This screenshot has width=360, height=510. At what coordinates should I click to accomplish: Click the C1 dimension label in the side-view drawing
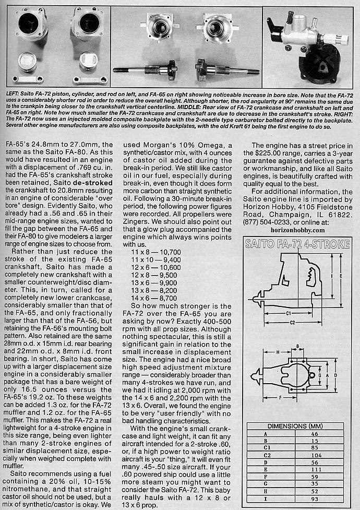point(289,314)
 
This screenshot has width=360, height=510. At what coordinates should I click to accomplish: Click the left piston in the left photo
point(28,59)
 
